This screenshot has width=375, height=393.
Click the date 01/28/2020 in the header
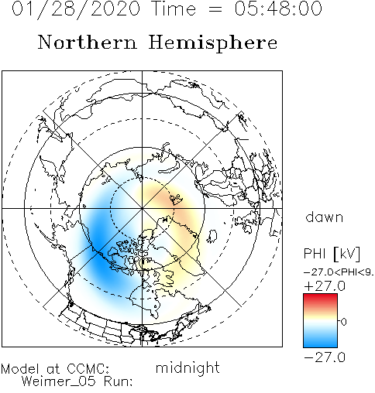(x=76, y=9)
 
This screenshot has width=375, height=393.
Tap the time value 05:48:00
(x=278, y=9)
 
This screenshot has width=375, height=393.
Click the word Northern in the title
(x=88, y=42)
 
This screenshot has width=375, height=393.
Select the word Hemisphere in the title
(x=213, y=43)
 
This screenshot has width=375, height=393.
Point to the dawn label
(x=325, y=217)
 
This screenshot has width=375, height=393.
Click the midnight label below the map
(x=187, y=367)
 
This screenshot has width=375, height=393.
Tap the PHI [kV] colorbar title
(x=332, y=254)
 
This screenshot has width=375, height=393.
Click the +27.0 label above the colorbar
(x=325, y=286)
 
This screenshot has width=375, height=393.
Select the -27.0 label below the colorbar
(x=325, y=357)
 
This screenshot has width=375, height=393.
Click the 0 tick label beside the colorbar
(x=343, y=322)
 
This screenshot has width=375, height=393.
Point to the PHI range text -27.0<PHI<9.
(x=339, y=272)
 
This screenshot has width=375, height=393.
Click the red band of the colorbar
(x=320, y=299)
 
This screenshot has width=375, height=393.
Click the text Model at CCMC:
(x=55, y=369)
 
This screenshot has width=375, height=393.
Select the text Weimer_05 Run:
(x=77, y=381)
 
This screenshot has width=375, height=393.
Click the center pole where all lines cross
(x=142, y=208)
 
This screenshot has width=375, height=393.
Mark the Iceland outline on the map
(x=212, y=236)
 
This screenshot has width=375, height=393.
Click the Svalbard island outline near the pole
(x=176, y=200)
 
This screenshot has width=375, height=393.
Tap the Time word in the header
(x=174, y=9)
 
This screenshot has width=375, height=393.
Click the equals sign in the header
(x=215, y=9)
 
